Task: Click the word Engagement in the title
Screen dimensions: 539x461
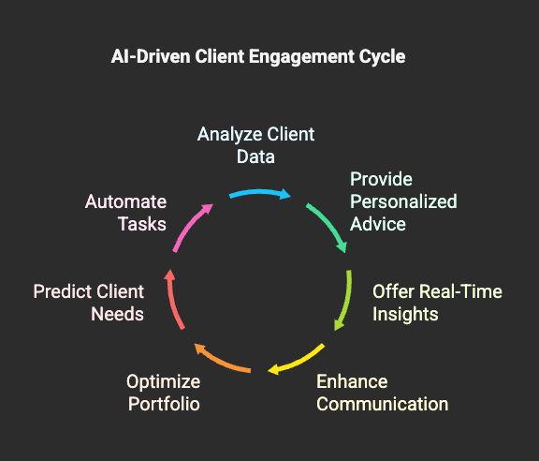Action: click(x=302, y=57)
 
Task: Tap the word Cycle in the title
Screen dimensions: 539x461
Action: click(x=382, y=57)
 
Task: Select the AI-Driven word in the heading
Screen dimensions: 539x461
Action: click(x=151, y=56)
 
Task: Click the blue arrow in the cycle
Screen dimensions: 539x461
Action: click(x=260, y=193)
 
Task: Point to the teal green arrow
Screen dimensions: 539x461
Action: click(x=329, y=224)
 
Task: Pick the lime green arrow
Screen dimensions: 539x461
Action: click(x=346, y=302)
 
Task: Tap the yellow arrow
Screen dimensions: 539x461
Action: click(x=299, y=361)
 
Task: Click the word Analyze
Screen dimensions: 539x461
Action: click(x=230, y=135)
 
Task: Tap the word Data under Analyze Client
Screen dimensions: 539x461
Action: click(x=255, y=156)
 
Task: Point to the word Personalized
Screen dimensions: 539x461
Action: click(x=403, y=202)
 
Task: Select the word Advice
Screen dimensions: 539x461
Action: click(x=378, y=224)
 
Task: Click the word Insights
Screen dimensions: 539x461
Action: click(x=405, y=315)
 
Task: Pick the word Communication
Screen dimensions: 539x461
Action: click(x=382, y=404)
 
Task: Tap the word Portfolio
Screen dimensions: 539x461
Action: click(x=164, y=404)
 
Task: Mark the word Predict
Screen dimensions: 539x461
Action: click(x=63, y=291)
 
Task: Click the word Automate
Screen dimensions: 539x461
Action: click(x=125, y=201)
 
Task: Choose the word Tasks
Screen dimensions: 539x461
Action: click(x=142, y=224)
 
